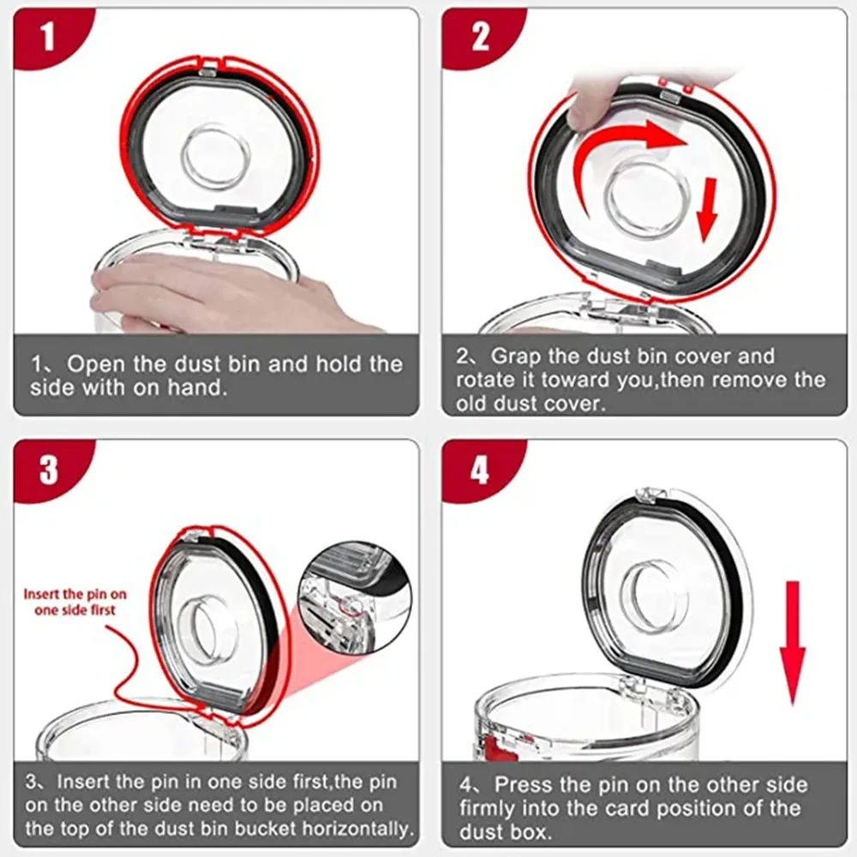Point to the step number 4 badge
pos(481,469)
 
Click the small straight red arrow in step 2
pos(707,207)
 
